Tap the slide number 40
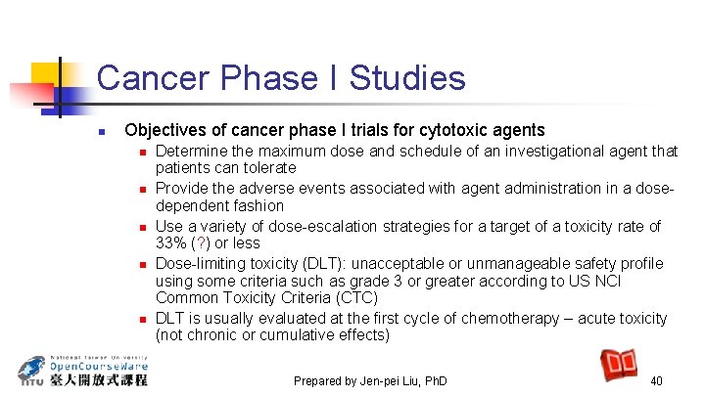coord(656,380)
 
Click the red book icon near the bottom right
coord(619,364)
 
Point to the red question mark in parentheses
coord(203,243)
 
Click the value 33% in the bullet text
coord(173,243)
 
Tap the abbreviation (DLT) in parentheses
coord(301,263)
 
